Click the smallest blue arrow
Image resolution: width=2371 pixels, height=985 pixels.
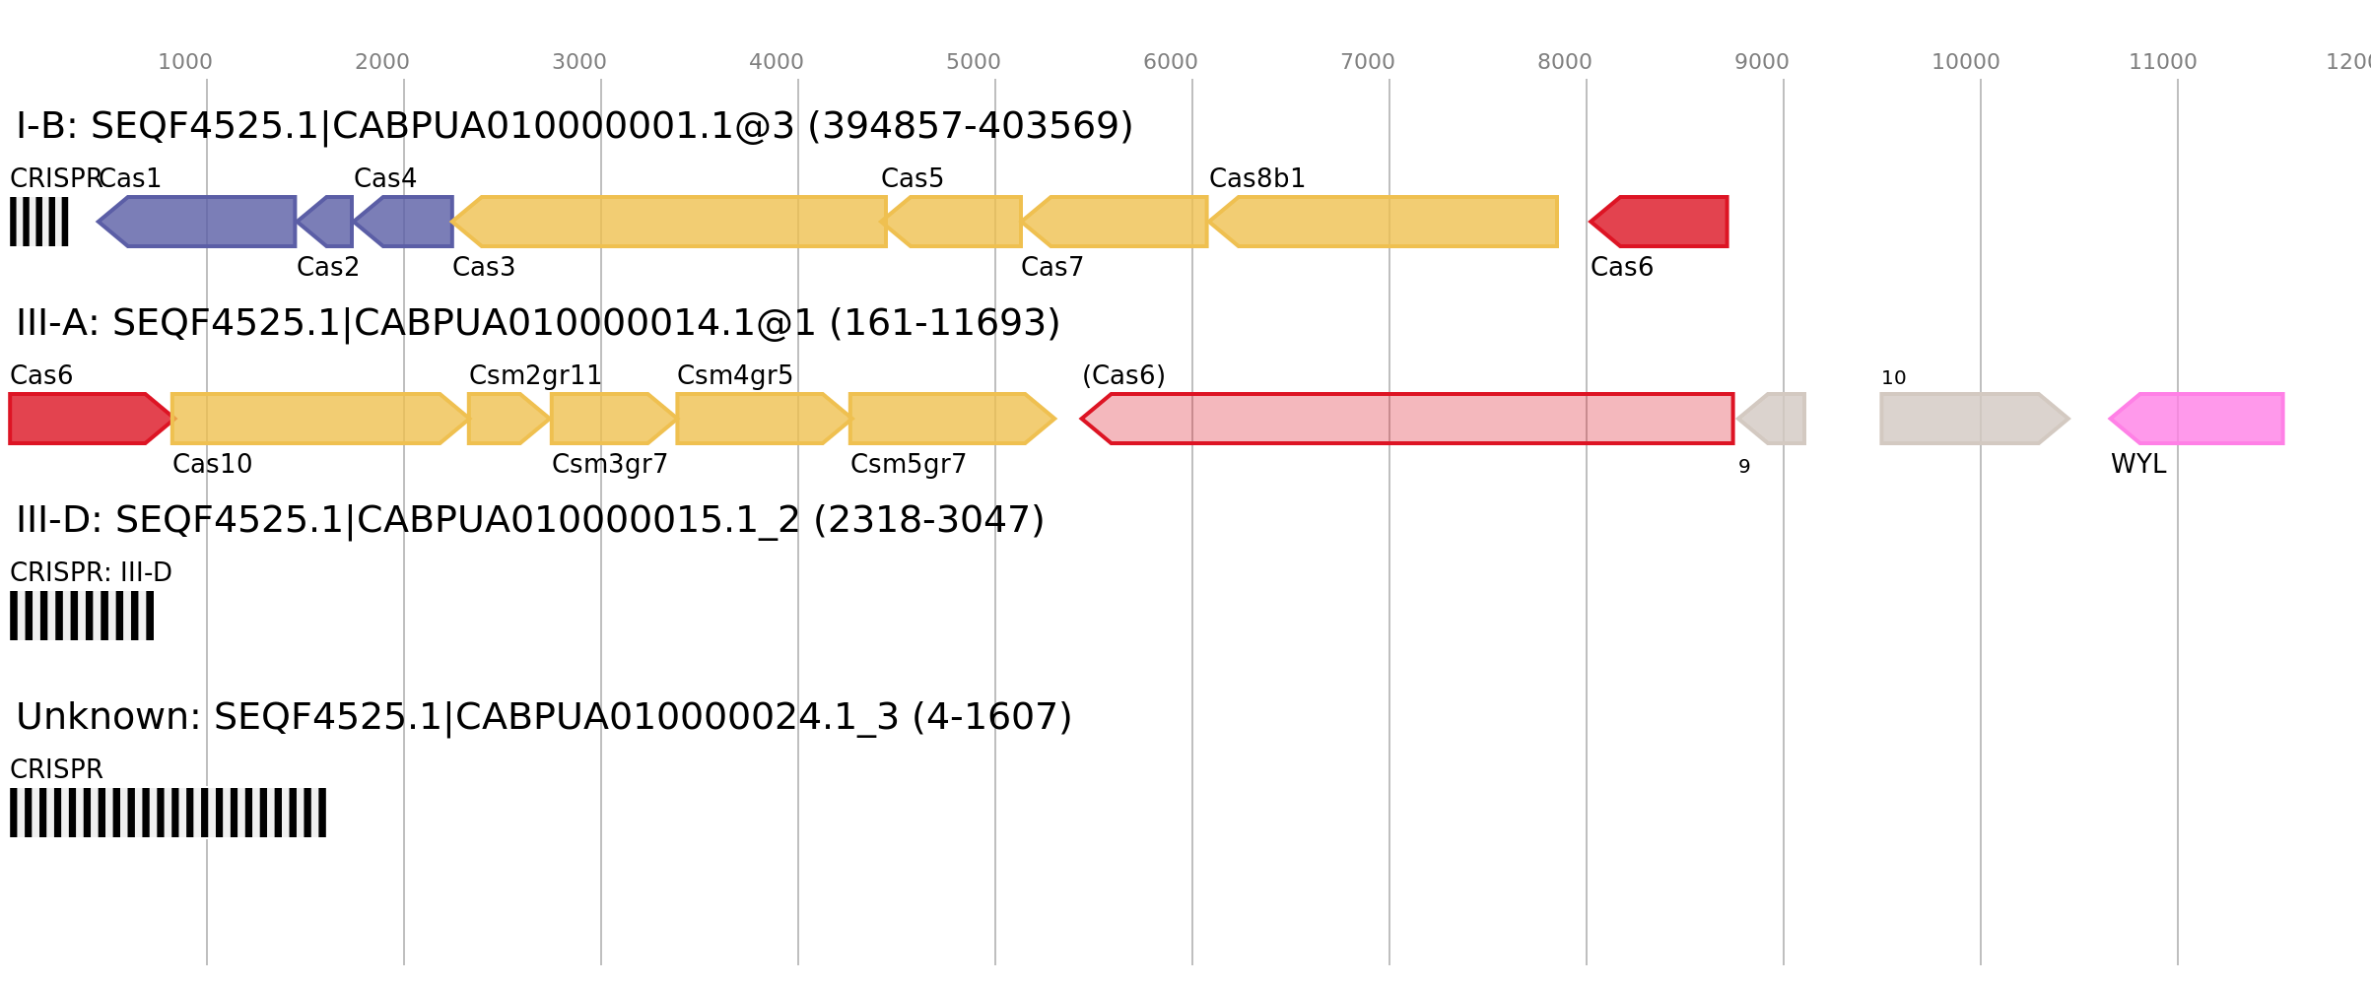click(x=327, y=222)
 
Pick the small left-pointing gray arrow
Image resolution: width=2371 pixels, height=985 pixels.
click(x=1773, y=419)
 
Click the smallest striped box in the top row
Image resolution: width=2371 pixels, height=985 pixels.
click(x=39, y=222)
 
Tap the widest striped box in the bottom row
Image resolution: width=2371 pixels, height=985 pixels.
click(x=168, y=813)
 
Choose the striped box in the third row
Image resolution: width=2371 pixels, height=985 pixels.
click(x=82, y=616)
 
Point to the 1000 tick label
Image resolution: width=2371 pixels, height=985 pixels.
click(x=185, y=62)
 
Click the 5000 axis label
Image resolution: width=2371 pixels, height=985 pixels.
click(x=974, y=62)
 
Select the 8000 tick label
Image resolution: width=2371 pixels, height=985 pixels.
click(x=1565, y=62)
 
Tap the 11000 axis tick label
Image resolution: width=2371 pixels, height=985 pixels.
click(x=2163, y=62)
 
